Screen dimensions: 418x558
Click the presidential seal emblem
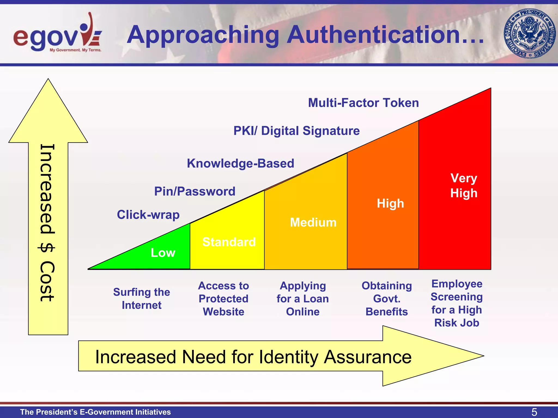pos(529,33)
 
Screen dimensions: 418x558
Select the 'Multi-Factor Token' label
pos(363,103)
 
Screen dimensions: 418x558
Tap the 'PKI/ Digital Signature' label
pos(296,131)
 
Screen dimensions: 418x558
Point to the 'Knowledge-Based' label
pos(241,163)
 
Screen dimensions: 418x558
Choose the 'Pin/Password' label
pos(195,191)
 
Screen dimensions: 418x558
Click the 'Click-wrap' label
pos(148,215)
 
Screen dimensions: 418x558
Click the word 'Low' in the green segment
pos(163,253)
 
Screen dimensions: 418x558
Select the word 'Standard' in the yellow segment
pos(229,242)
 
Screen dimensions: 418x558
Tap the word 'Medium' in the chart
pos(313,222)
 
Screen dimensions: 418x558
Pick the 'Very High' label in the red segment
pos(464,186)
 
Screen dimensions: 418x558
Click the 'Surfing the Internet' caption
pos(142,299)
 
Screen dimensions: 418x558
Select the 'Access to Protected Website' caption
pos(223,299)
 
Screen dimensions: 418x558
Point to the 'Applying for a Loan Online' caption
pos(303,299)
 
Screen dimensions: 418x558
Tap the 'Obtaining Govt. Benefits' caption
pos(387,299)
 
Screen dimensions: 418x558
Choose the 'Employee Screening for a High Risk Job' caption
pos(457,303)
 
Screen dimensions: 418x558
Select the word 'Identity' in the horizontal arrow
pos(289,357)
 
